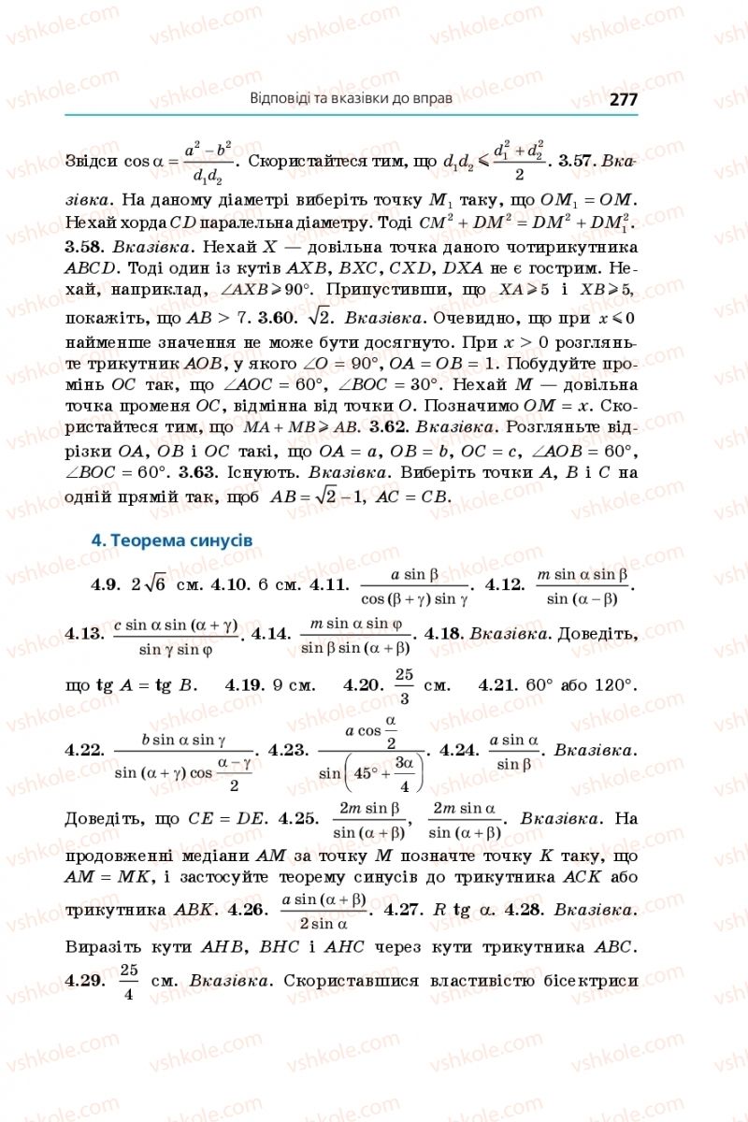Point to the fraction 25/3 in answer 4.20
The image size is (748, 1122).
(404, 685)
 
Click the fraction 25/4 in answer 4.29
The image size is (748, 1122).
(129, 981)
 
